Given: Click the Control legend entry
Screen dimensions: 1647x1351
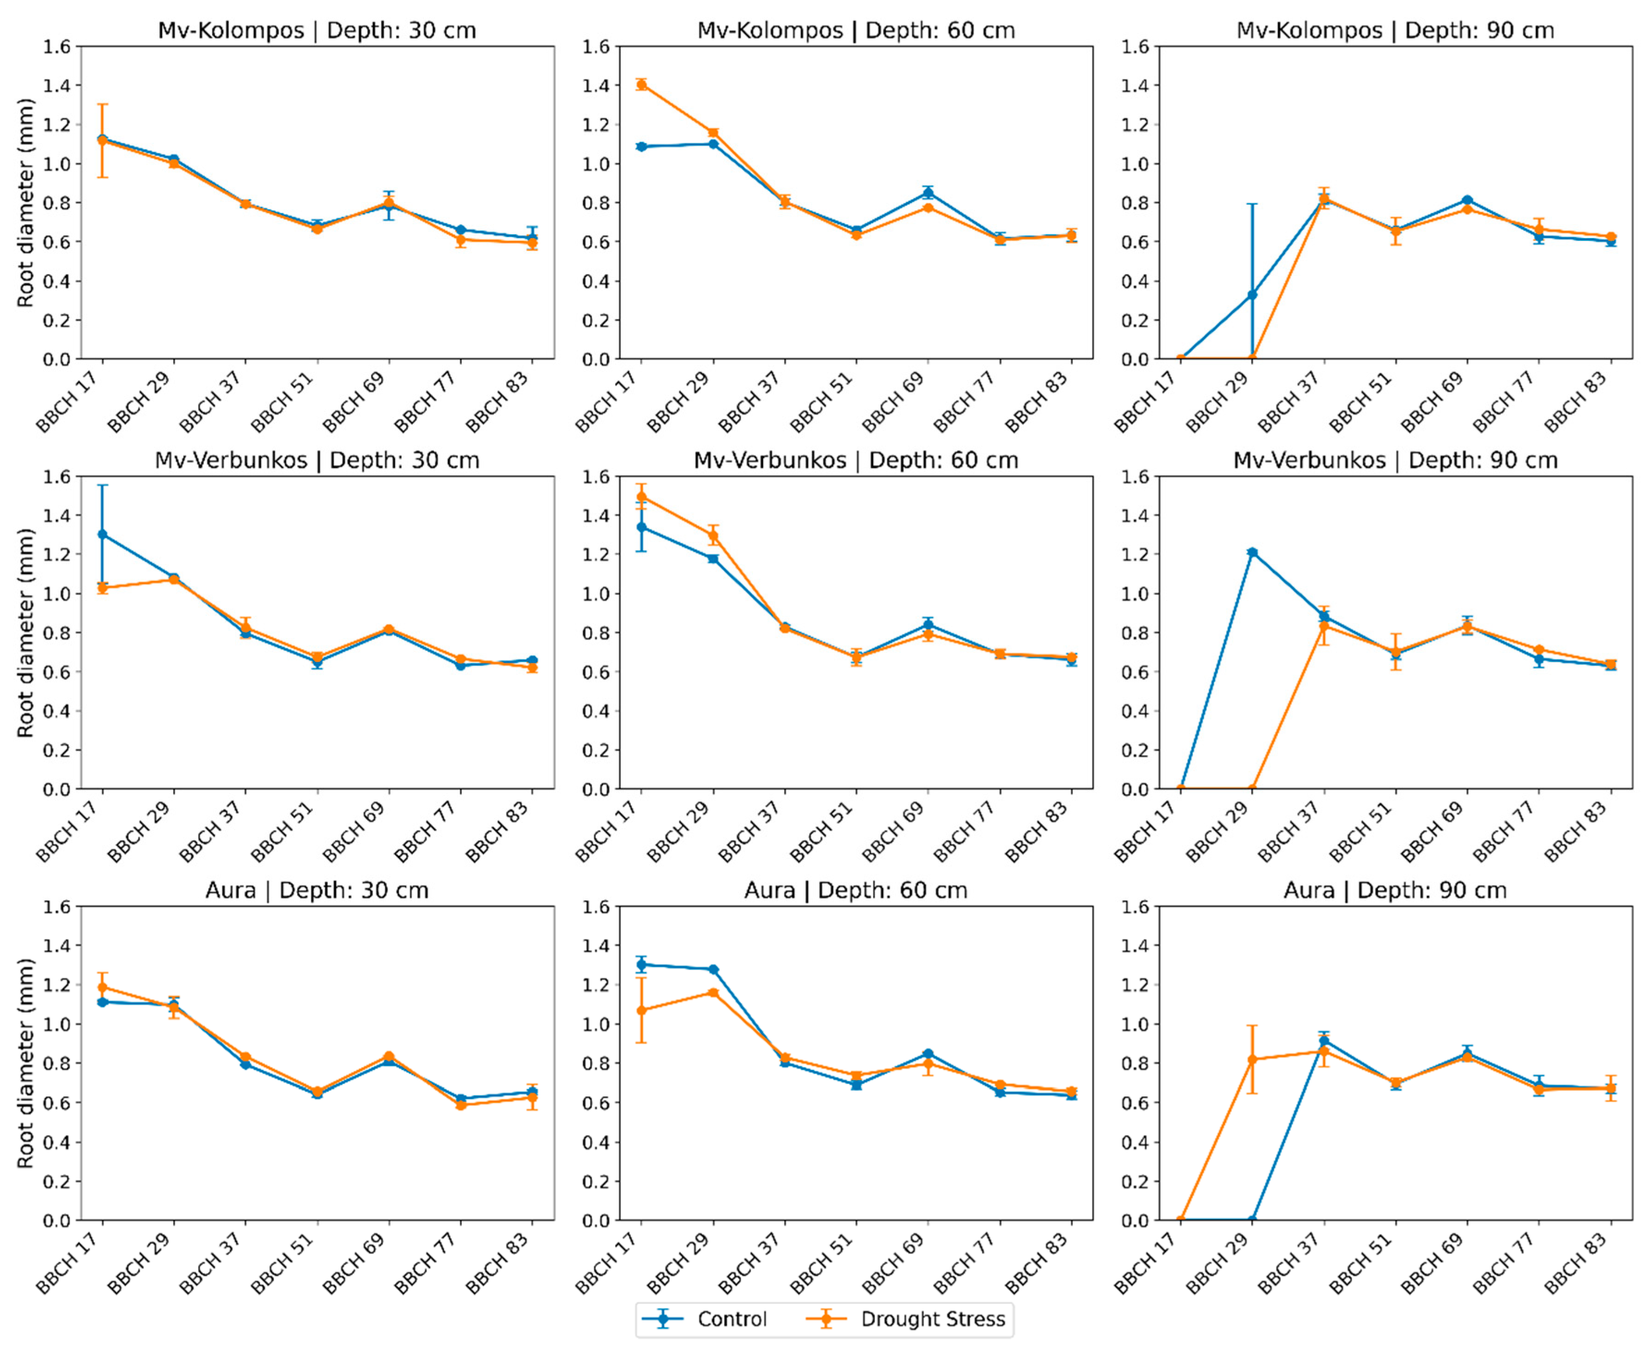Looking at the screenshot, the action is (x=704, y=1319).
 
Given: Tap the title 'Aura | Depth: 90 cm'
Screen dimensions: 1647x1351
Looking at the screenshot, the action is (x=1395, y=890).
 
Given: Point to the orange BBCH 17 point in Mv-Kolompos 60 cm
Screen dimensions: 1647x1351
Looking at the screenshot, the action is (x=641, y=85).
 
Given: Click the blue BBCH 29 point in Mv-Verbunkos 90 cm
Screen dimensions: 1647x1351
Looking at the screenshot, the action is (x=1252, y=552).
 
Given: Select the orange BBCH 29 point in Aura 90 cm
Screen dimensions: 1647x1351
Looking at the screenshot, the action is (x=1252, y=1060).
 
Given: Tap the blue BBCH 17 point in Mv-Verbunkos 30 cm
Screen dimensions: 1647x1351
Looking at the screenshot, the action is (x=102, y=535).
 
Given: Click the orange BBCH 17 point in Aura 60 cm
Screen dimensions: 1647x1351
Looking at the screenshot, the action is (x=641, y=1010).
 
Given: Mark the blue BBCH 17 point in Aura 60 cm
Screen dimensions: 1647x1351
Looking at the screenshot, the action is (x=641, y=965).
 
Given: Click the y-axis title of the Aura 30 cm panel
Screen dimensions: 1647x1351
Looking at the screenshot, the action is (x=26, y=1063).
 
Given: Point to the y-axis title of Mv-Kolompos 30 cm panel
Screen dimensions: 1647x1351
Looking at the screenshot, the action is (x=26, y=202).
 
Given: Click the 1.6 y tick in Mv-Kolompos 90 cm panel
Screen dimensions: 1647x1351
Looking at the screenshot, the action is (x=1135, y=47).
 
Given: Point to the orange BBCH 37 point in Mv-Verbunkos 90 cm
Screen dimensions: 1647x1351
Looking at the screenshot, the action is (x=1324, y=626).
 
